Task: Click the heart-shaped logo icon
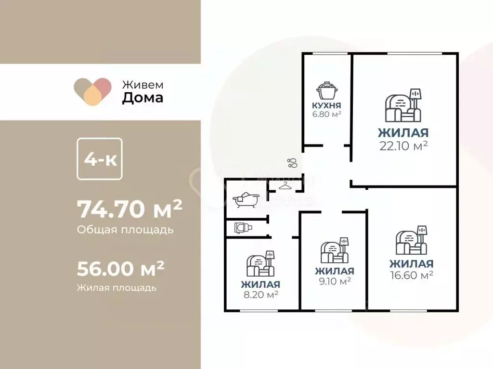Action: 93,91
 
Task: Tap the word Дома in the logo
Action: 143,98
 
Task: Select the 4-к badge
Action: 100,159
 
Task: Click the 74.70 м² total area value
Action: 130,209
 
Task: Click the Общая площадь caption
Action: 125,230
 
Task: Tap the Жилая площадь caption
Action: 117,288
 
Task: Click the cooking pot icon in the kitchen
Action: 327,91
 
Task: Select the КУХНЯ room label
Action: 327,105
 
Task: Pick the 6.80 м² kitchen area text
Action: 327,114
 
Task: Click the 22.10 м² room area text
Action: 403,146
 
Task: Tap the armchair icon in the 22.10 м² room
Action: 403,105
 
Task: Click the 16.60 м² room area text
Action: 412,275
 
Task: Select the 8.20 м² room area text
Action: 260,295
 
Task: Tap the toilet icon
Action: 243,227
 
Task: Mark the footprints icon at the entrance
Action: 292,163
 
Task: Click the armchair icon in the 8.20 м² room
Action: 260,264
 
